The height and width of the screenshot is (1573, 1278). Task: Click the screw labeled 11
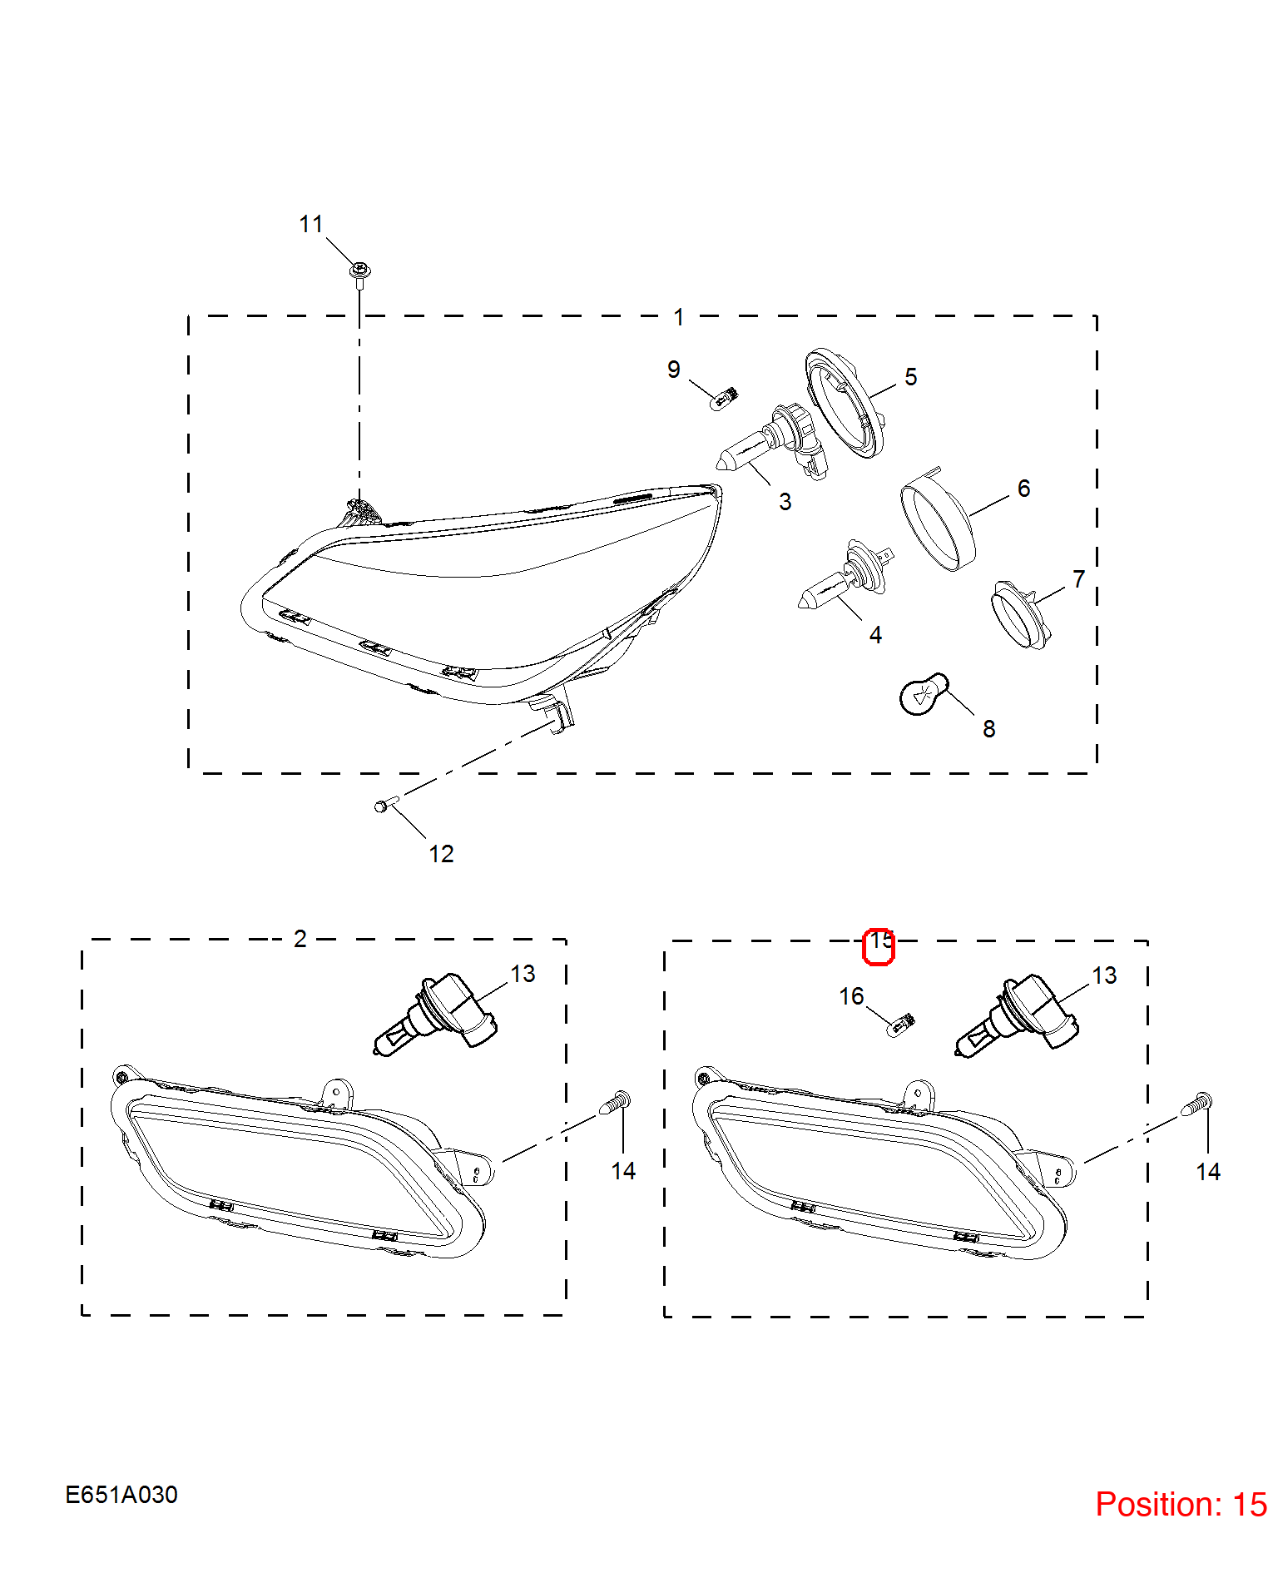[359, 274]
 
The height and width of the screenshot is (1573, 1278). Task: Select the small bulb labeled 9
[725, 398]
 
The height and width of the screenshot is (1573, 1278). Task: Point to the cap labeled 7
[1021, 616]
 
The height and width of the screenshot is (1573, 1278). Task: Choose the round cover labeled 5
[845, 403]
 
